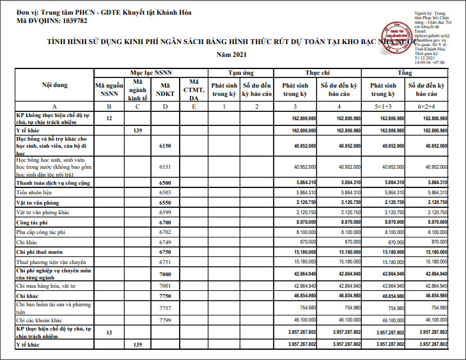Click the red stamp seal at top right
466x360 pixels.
[395, 36]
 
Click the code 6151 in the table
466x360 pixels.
[166, 167]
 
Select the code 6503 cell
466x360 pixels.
[166, 192]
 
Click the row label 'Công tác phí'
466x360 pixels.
[33, 223]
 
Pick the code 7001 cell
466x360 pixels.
[166, 285]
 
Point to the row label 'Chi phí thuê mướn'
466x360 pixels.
[40, 253]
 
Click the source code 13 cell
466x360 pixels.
[109, 333]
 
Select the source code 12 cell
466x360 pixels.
[109, 119]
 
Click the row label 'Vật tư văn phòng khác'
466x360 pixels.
[43, 212]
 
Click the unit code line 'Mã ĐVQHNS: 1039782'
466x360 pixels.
[52, 21]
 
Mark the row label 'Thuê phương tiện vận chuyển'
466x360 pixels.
[51, 262]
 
